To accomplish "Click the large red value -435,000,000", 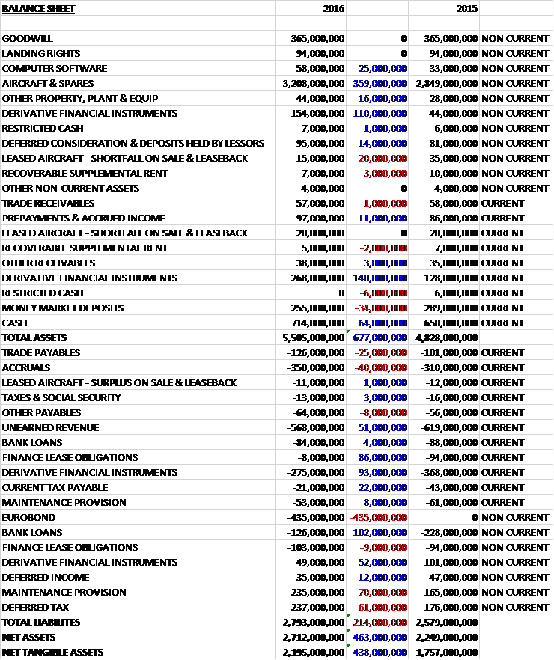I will pos(379,517).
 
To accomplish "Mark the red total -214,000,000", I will pos(379,622).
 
